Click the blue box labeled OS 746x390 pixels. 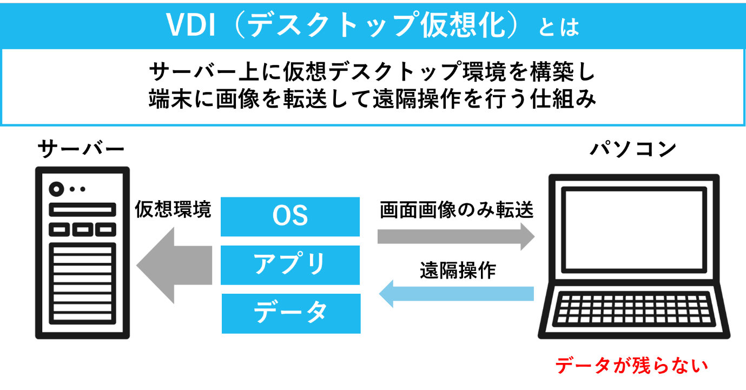[x=291, y=216]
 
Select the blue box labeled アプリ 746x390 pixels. [x=291, y=265]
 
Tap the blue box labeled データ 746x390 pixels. [x=291, y=313]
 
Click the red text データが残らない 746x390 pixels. [x=632, y=366]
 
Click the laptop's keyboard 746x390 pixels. [x=633, y=309]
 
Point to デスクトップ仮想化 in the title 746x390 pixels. [x=373, y=25]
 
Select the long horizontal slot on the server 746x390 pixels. [x=82, y=209]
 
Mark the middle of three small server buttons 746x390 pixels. [x=82, y=230]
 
